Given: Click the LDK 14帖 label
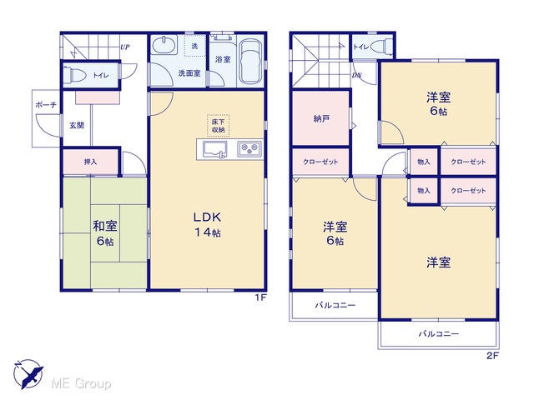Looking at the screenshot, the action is pyautogui.click(x=208, y=224).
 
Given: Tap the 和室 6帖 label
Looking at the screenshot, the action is pyautogui.click(x=105, y=233).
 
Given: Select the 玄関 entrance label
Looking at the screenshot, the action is pyautogui.click(x=77, y=125).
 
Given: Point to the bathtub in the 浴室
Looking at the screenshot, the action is pyautogui.click(x=250, y=62).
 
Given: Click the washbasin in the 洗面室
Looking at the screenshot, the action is pyautogui.click(x=164, y=46).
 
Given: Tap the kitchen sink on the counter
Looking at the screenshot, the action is pyautogui.click(x=215, y=150).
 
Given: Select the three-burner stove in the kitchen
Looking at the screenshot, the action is pyautogui.click(x=249, y=148).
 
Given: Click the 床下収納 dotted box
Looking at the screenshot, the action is pyautogui.click(x=218, y=126).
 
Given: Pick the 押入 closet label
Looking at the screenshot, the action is pyautogui.click(x=91, y=162).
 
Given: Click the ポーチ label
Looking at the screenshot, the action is pyautogui.click(x=46, y=105).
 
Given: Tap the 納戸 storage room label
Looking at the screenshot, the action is pyautogui.click(x=321, y=118).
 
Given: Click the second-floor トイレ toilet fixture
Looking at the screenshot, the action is pyautogui.click(x=382, y=47).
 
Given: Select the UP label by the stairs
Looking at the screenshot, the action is pyautogui.click(x=124, y=47).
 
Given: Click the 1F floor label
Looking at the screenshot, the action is pyautogui.click(x=261, y=298).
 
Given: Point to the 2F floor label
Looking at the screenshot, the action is pyautogui.click(x=492, y=356).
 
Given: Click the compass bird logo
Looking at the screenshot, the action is pyautogui.click(x=28, y=374).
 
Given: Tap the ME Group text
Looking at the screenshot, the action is pyautogui.click(x=81, y=383).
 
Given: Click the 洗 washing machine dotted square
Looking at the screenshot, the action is pyautogui.click(x=195, y=46).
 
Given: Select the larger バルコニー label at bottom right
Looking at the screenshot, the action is pyautogui.click(x=439, y=333).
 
